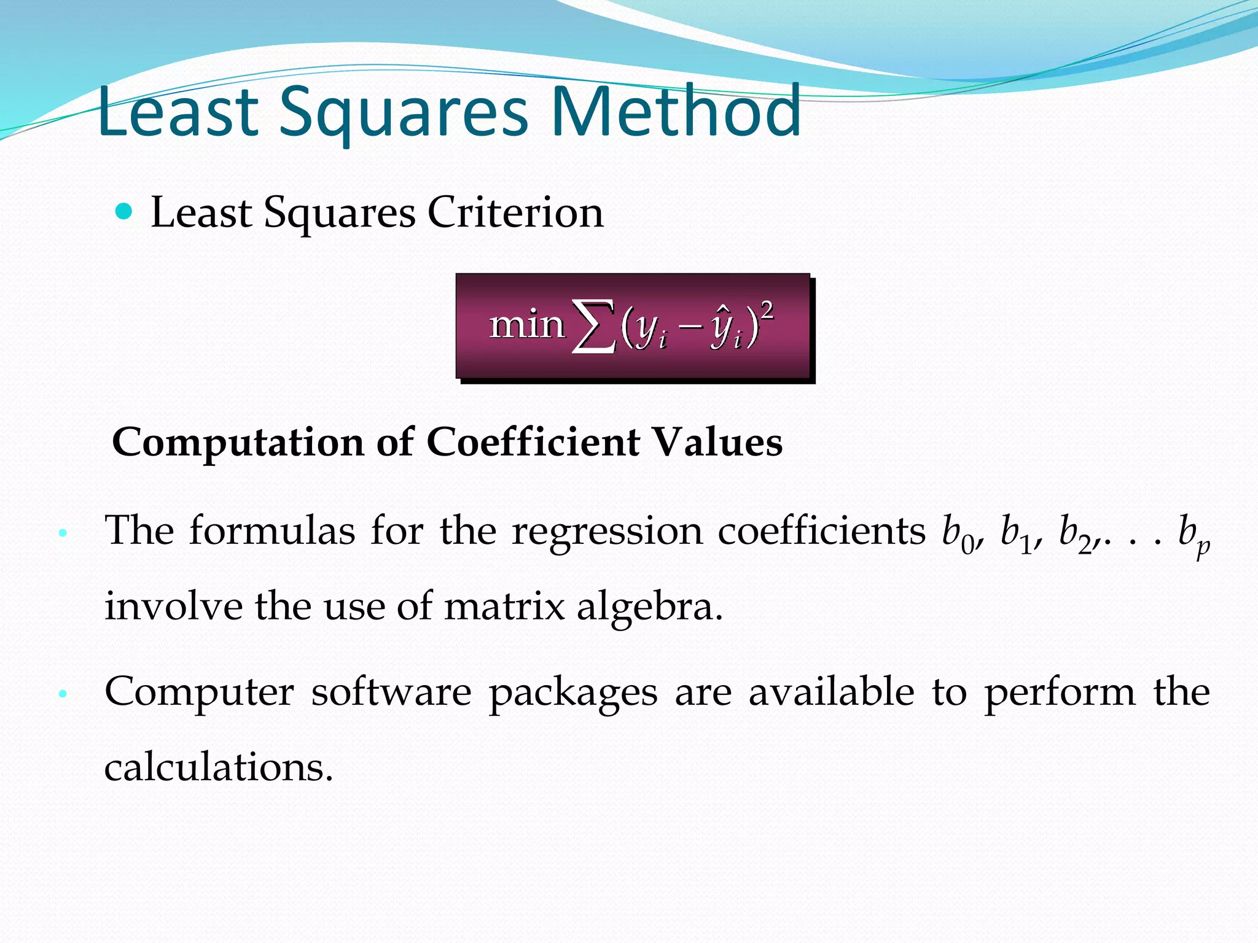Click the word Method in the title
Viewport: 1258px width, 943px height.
[x=676, y=112]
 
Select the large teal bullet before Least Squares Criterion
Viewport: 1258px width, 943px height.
[x=124, y=212]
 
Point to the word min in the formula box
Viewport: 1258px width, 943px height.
[x=526, y=325]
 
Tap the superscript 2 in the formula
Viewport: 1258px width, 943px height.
[x=766, y=311]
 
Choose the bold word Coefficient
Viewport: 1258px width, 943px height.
[x=533, y=442]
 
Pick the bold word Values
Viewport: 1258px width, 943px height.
[x=717, y=442]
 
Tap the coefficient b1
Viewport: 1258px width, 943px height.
[x=1015, y=533]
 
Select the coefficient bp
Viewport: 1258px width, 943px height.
[x=1192, y=535]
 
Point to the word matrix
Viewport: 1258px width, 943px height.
[x=504, y=607]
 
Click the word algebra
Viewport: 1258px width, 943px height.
[x=649, y=607]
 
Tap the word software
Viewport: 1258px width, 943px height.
[x=391, y=693]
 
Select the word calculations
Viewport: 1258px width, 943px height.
[x=218, y=767]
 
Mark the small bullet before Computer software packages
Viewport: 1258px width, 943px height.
[x=62, y=694]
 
